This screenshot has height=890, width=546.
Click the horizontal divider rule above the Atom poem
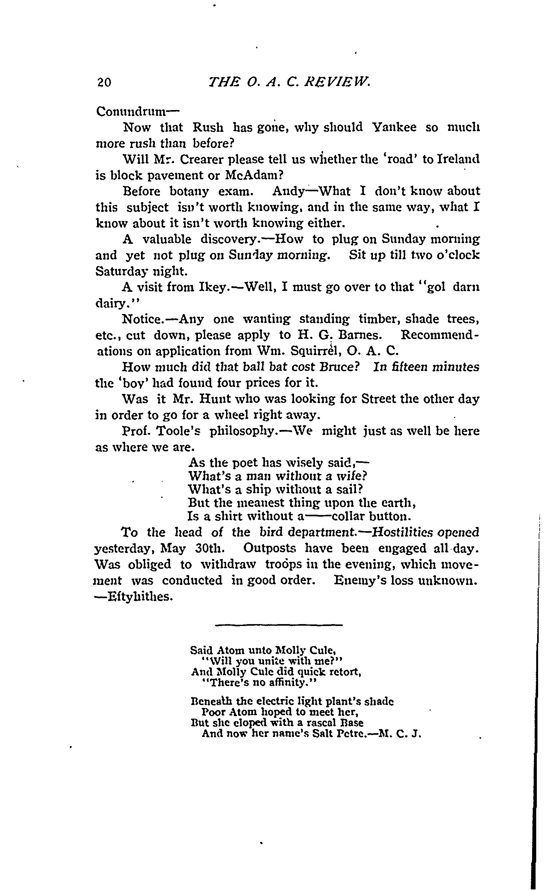coord(279,625)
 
